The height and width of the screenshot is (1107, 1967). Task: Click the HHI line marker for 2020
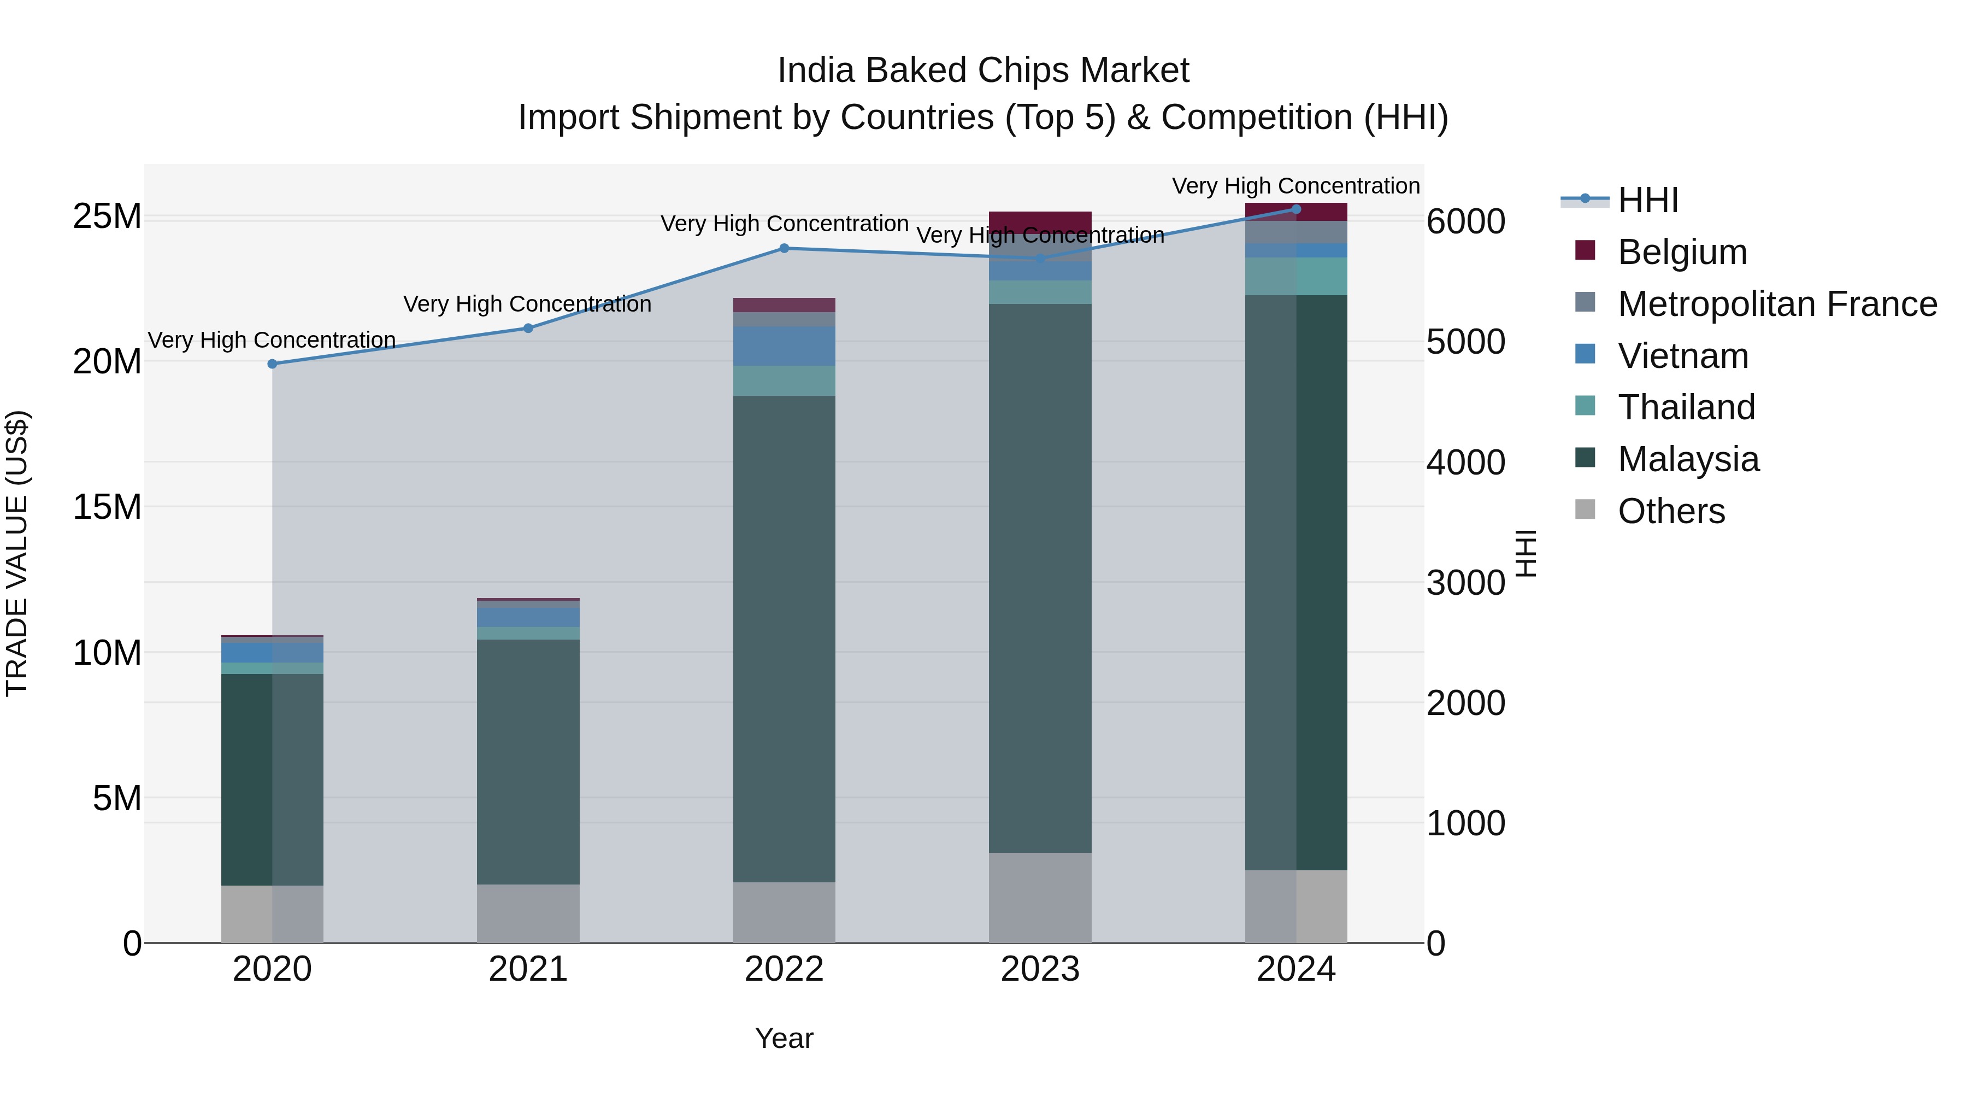pos(273,364)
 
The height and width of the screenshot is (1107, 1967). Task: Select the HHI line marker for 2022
pos(784,248)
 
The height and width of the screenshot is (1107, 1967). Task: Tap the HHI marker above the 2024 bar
pos(1296,209)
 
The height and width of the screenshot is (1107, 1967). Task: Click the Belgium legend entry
pos(1682,252)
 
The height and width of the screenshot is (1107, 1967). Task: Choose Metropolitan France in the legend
pos(1777,304)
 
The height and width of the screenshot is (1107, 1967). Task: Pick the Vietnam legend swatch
pos(1585,354)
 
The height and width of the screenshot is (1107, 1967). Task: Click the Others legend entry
pos(1671,511)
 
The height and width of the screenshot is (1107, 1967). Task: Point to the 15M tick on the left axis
pos(107,507)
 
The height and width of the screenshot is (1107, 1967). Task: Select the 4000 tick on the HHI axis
pos(1465,463)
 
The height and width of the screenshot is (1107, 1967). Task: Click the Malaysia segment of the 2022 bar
pos(784,638)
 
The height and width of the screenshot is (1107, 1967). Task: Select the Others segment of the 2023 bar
pos(1040,898)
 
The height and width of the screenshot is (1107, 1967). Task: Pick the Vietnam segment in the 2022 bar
pos(784,346)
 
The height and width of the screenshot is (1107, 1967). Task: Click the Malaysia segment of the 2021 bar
pos(528,762)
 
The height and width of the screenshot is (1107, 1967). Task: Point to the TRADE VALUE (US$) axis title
pos(17,553)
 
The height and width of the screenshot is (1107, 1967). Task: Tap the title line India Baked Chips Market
pos(983,71)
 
